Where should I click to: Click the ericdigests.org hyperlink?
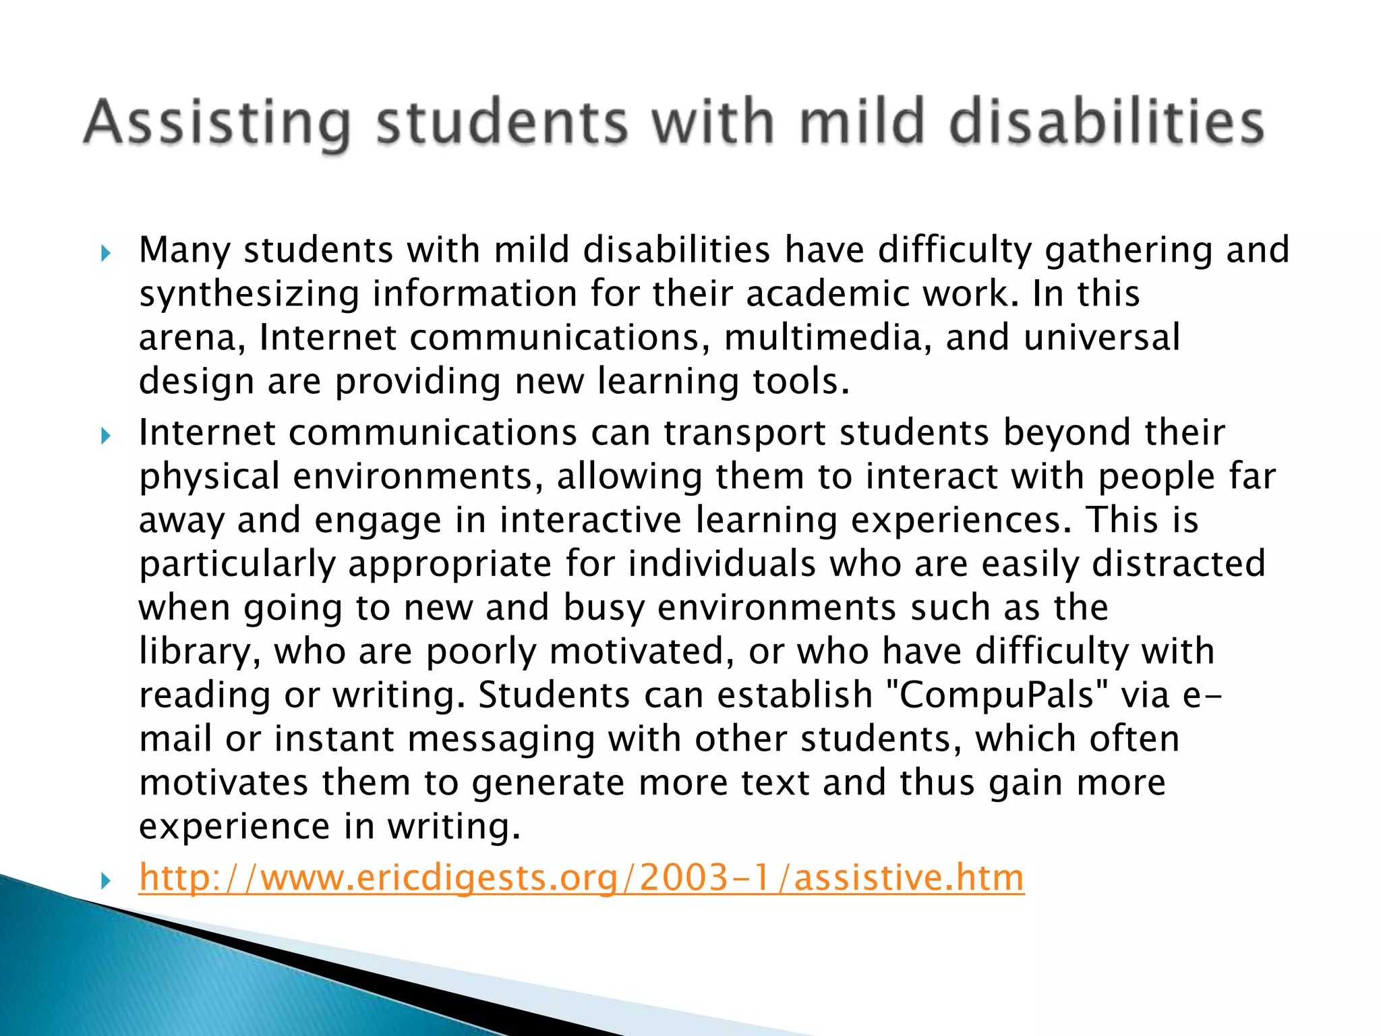(x=581, y=877)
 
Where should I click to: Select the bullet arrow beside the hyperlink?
(x=105, y=880)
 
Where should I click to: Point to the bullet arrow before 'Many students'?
(x=105, y=254)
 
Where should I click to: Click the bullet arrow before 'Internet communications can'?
(x=105, y=436)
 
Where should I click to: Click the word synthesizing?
(x=249, y=295)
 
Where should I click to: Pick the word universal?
(x=1101, y=337)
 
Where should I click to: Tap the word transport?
(x=744, y=432)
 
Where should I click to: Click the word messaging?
(x=501, y=739)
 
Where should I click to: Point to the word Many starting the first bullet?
(x=185, y=251)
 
